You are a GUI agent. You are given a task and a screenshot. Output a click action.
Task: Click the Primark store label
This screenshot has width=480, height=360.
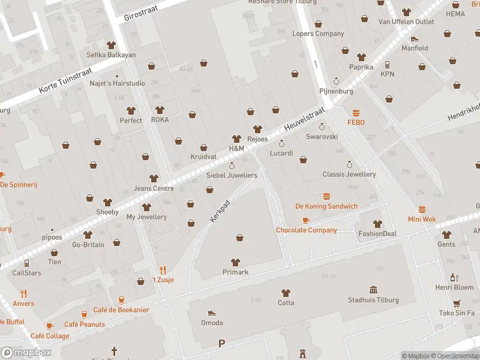point(235,272)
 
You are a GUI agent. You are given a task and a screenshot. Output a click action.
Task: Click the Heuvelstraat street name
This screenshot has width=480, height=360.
point(304,119)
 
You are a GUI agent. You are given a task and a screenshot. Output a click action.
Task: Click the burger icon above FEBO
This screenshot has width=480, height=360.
point(356,113)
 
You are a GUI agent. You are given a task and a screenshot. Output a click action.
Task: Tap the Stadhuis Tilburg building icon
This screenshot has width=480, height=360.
point(373,290)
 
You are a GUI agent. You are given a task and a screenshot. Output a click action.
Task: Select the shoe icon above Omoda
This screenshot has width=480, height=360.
point(211,313)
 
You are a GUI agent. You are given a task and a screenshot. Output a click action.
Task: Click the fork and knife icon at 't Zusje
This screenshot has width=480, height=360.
point(162,270)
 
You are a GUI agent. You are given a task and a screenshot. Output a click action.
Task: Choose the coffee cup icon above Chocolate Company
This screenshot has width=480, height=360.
point(306,220)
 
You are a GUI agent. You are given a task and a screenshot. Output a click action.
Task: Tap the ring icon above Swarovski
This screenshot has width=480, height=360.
point(322,127)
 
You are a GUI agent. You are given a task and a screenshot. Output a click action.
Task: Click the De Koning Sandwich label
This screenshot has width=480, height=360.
point(326,206)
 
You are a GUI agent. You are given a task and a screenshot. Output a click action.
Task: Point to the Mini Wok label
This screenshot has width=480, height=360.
point(422,219)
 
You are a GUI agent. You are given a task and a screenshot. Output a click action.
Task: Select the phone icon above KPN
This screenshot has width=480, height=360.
point(388,64)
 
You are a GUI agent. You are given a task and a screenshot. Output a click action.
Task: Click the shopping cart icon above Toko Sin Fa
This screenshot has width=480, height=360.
point(457,303)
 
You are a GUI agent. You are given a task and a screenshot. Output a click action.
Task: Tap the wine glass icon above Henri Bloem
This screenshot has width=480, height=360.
point(454,277)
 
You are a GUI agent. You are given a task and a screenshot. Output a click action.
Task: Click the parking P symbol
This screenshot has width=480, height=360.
point(221,343)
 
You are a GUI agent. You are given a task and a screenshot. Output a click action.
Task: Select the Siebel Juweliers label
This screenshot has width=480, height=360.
point(232,175)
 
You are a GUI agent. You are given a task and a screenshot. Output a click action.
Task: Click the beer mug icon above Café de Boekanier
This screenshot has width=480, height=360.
point(121,300)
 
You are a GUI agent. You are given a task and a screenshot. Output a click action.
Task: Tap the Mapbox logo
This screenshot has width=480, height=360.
point(26,353)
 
